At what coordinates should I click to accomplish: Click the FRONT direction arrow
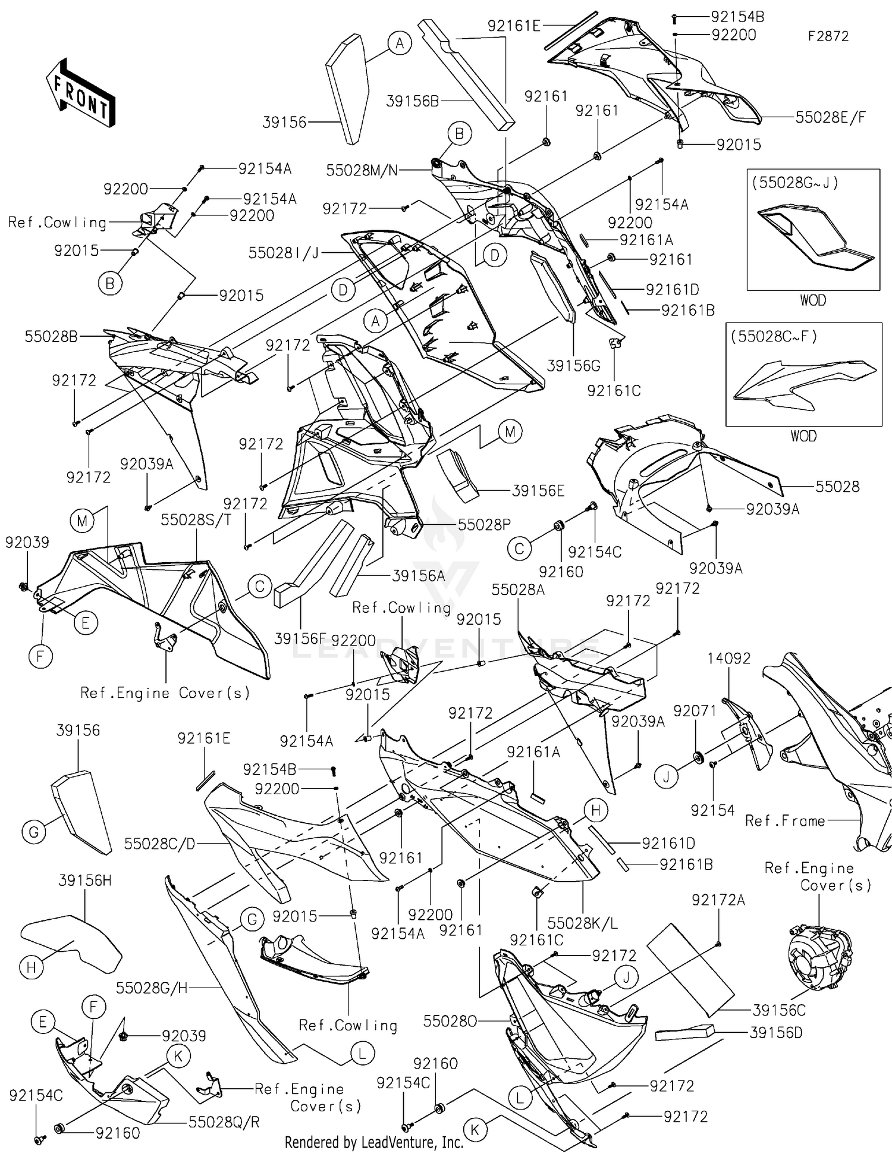[80, 92]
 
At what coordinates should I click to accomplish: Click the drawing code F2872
[827, 36]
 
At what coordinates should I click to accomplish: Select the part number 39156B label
[412, 101]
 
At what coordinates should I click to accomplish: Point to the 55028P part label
[484, 525]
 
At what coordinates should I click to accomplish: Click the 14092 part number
[728, 658]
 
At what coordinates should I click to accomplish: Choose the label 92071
[695, 710]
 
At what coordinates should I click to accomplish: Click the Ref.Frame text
[784, 821]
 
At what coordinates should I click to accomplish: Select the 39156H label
[85, 881]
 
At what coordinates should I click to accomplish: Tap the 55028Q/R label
[224, 1122]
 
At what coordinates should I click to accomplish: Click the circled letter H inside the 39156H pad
[32, 968]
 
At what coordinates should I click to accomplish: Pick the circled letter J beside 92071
[666, 777]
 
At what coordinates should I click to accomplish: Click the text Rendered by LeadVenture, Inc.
[373, 1142]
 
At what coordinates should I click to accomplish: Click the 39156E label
[538, 491]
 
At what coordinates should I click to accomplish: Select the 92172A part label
[718, 900]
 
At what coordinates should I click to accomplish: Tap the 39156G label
[573, 366]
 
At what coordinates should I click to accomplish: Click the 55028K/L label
[582, 923]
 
